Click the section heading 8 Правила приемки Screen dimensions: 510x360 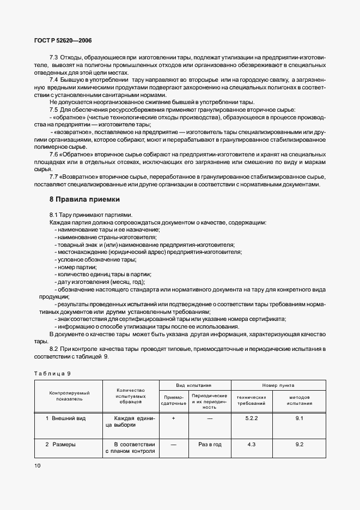(x=84, y=199)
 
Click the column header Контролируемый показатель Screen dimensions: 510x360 (x=69, y=396)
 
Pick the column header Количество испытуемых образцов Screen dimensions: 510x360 (x=130, y=396)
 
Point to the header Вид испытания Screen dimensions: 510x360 (x=194, y=385)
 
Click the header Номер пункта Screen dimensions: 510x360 (x=278, y=385)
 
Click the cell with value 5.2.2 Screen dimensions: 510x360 (x=251, y=418)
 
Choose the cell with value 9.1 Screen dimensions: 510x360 (x=298, y=418)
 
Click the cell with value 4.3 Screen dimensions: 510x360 (x=251, y=445)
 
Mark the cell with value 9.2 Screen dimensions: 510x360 (x=298, y=445)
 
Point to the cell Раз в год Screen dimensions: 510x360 (x=209, y=445)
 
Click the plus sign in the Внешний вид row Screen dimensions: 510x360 (x=173, y=418)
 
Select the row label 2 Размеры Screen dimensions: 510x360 (x=60, y=445)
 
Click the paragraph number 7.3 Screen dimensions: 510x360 (x=54, y=58)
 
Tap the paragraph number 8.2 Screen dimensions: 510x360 (x=54, y=348)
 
